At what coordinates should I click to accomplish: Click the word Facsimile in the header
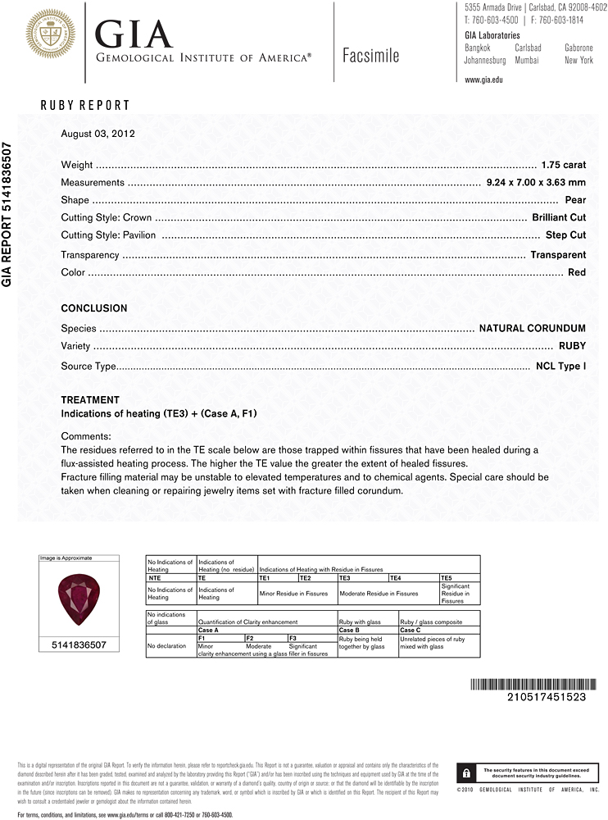pos(371,56)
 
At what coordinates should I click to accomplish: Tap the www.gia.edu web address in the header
pos(483,80)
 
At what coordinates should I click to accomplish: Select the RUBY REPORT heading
pos(85,105)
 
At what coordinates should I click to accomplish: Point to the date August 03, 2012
pos(98,133)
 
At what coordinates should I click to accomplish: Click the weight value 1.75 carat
pos(563,165)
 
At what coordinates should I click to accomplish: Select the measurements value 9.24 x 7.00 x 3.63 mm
pos(536,183)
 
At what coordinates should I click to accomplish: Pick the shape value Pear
pos(575,201)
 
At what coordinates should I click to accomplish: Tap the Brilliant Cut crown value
pos(558,218)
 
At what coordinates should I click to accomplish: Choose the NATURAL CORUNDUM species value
pos(532,328)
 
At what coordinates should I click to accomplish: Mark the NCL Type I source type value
pos(560,366)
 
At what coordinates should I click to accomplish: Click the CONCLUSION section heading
pos(94,308)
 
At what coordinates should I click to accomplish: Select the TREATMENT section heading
pos(90,400)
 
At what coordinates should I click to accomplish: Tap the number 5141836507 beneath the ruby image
pos(80,645)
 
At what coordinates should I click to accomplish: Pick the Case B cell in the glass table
pos(351,630)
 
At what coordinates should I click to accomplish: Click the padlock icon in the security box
pos(465,773)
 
